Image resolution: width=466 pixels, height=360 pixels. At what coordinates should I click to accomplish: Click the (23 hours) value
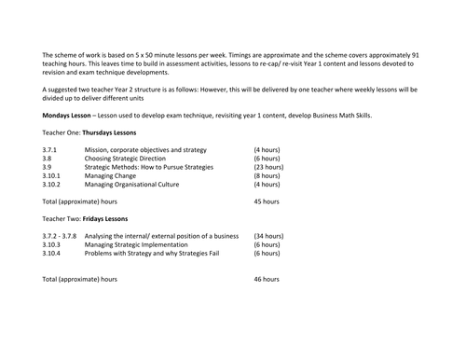(268, 167)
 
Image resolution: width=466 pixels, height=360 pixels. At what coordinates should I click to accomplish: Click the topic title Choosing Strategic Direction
(130, 158)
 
